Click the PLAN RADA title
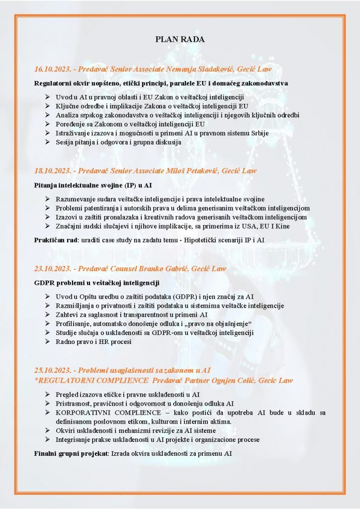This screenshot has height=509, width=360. pyautogui.click(x=180, y=39)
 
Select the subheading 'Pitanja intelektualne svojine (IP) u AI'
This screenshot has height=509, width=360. pyautogui.click(x=93, y=185)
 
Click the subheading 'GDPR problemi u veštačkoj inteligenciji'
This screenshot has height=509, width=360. pyautogui.click(x=96, y=283)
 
